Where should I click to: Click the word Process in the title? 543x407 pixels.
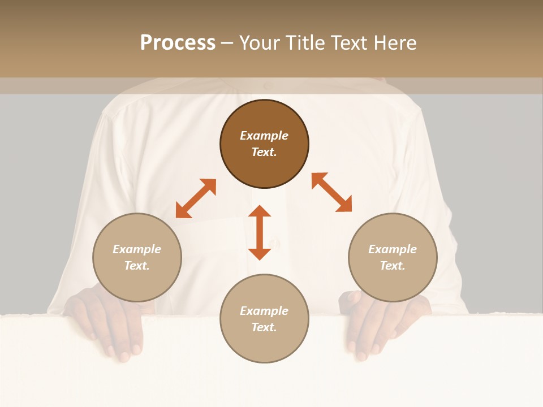click(178, 43)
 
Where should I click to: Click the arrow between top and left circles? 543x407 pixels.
click(196, 198)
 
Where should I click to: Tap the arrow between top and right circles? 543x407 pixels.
click(331, 192)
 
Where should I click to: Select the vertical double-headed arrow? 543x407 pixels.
click(260, 232)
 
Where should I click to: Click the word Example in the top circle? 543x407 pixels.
click(264, 136)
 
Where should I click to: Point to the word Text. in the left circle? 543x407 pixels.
click(137, 266)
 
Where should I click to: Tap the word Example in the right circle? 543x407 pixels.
click(393, 249)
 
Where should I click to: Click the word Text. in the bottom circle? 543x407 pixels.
click(264, 327)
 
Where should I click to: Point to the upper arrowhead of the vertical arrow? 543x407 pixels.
click(260, 211)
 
